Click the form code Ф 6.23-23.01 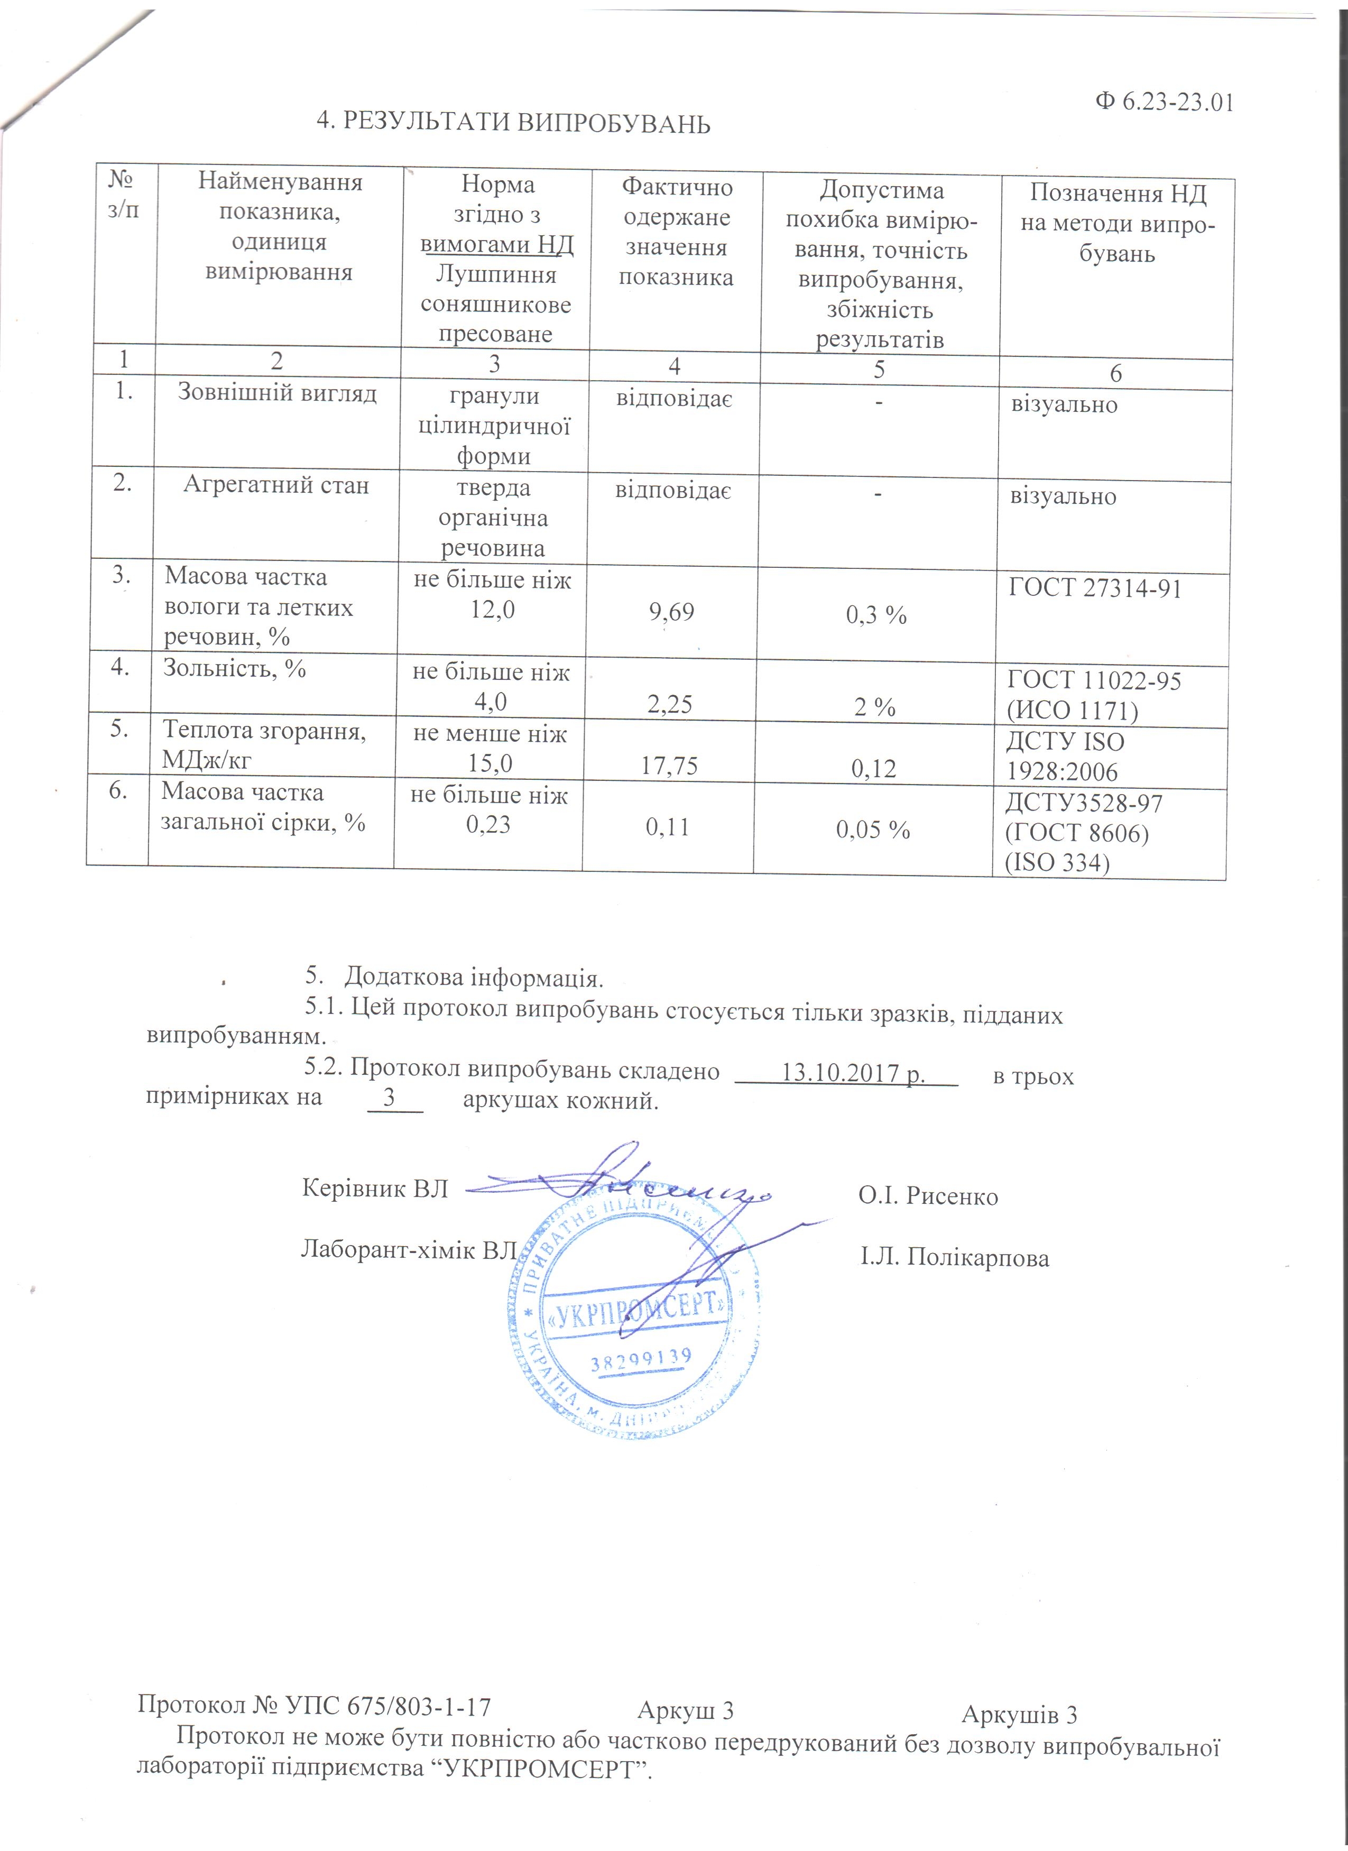(1163, 103)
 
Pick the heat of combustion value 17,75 (669, 766)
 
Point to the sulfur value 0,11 (668, 827)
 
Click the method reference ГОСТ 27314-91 (1095, 588)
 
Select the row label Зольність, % (234, 668)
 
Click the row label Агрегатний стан (276, 485)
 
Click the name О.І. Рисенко (928, 1196)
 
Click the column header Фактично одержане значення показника (677, 233)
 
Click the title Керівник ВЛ (375, 1189)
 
